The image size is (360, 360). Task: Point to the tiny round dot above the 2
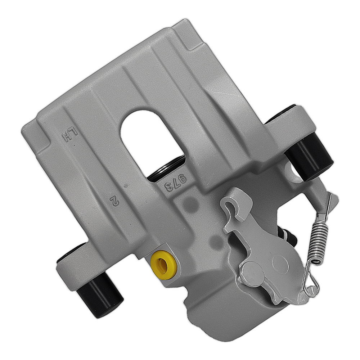click(125, 186)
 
